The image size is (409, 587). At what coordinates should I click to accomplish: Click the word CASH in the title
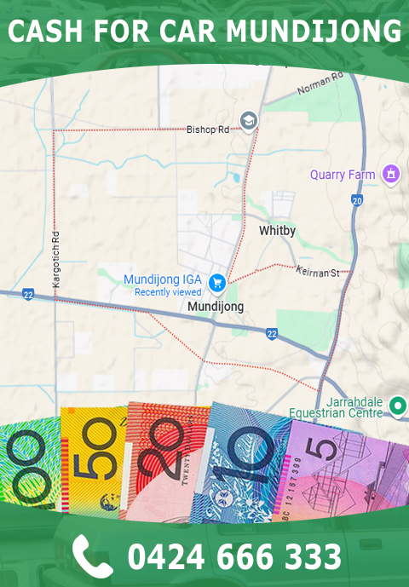tap(43, 32)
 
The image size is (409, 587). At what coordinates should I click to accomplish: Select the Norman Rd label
tap(320, 83)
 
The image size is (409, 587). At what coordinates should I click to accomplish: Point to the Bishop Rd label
tap(209, 130)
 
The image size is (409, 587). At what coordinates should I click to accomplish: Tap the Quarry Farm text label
tap(343, 175)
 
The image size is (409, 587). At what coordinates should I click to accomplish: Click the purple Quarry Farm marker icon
tap(391, 174)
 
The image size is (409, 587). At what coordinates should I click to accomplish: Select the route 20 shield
tap(356, 200)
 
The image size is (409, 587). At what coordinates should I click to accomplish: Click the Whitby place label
tap(277, 231)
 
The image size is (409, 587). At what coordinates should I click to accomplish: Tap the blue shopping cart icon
tap(217, 280)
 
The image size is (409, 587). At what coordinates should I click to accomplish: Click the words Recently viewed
tap(168, 292)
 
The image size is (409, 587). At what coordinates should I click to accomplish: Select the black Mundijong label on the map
tap(215, 307)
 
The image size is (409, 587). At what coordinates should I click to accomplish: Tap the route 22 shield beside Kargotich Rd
tap(28, 294)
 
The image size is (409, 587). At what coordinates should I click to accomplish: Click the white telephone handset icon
tap(92, 555)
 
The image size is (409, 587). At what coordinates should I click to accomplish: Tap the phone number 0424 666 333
tap(234, 556)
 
